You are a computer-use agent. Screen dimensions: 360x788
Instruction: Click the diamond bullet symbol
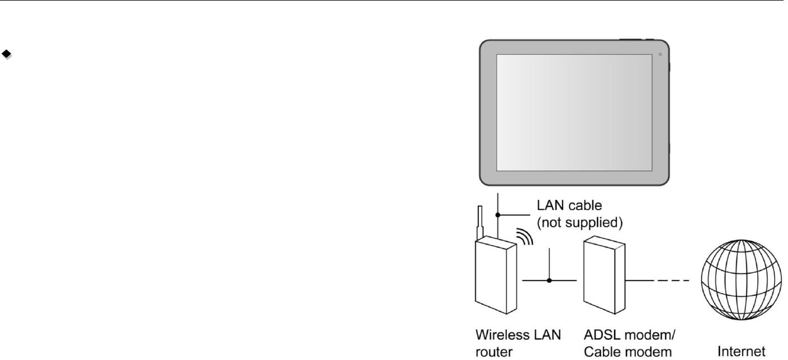[x=7, y=54]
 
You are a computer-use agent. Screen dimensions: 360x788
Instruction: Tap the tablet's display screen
[x=574, y=112]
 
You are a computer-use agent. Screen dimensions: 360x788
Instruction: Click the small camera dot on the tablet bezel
[x=660, y=54]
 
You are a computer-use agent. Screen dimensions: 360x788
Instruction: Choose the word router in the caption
[x=474, y=352]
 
